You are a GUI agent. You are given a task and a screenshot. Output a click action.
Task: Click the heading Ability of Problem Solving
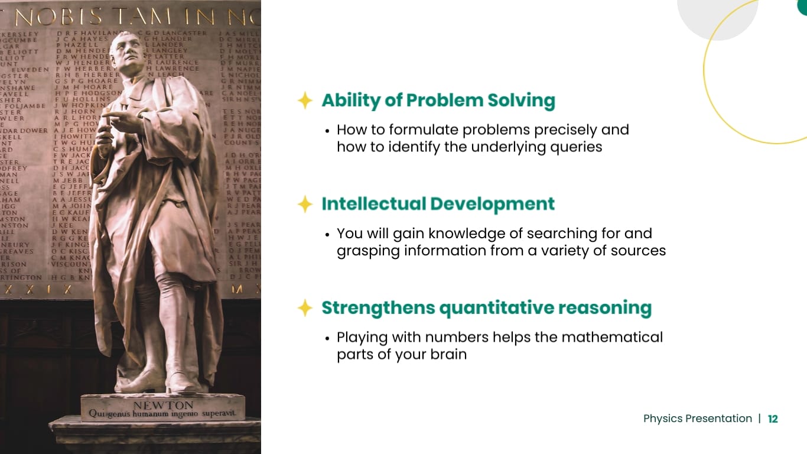pyautogui.click(x=438, y=100)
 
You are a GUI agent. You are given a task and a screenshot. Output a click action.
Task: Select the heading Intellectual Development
pyautogui.click(x=438, y=204)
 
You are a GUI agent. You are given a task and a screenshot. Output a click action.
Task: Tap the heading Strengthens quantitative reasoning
pyautogui.click(x=486, y=308)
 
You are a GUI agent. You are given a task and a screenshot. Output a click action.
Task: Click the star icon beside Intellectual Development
pyautogui.click(x=305, y=205)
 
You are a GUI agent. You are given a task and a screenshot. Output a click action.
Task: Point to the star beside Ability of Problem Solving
pyautogui.click(x=305, y=101)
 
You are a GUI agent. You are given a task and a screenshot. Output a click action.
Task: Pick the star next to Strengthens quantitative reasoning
pyautogui.click(x=305, y=308)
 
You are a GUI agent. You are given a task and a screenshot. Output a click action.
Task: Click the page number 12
pyautogui.click(x=773, y=419)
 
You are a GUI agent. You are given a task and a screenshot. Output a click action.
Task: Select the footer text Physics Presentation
pyautogui.click(x=697, y=419)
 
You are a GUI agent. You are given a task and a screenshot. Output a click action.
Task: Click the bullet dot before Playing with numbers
pyautogui.click(x=327, y=338)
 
